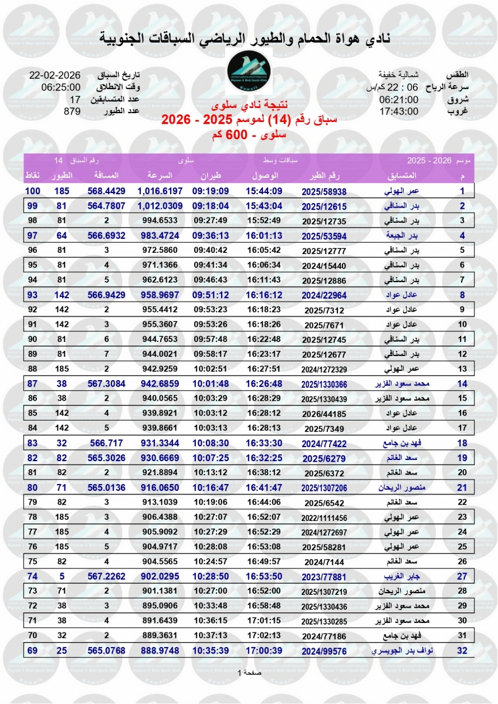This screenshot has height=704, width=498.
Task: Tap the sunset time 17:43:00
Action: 399,111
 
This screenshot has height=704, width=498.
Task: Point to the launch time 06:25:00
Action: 61,88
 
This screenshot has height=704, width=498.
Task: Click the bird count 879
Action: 72,111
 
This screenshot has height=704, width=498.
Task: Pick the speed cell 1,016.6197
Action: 160,191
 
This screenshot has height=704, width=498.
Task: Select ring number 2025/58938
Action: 324,191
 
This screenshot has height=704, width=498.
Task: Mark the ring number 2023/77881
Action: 324,576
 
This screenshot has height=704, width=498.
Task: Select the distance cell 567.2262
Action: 106,576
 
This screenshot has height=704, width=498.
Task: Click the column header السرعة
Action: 158,176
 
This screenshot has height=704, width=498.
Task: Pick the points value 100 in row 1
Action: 32,191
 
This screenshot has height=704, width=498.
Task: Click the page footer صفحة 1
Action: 249,673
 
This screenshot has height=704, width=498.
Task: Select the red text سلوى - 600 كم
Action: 249,135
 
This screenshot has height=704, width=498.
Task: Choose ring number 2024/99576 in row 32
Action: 324,650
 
